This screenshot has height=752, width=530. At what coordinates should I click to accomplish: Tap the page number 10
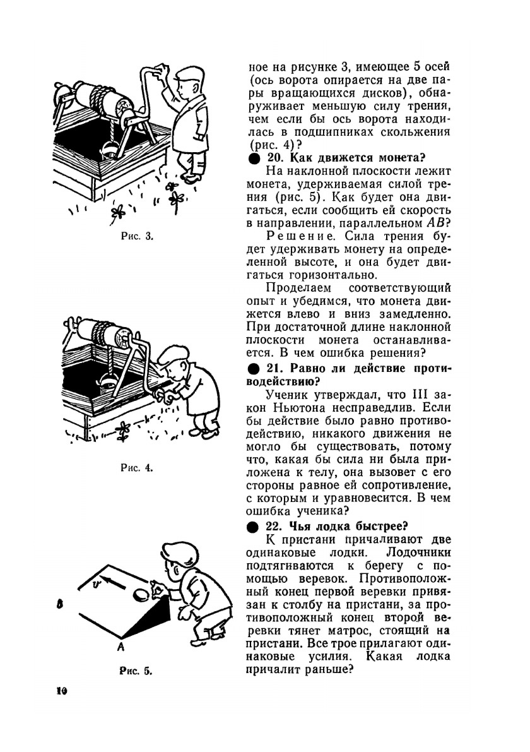tap(61, 691)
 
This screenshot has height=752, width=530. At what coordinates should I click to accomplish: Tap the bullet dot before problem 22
tap(252, 526)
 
